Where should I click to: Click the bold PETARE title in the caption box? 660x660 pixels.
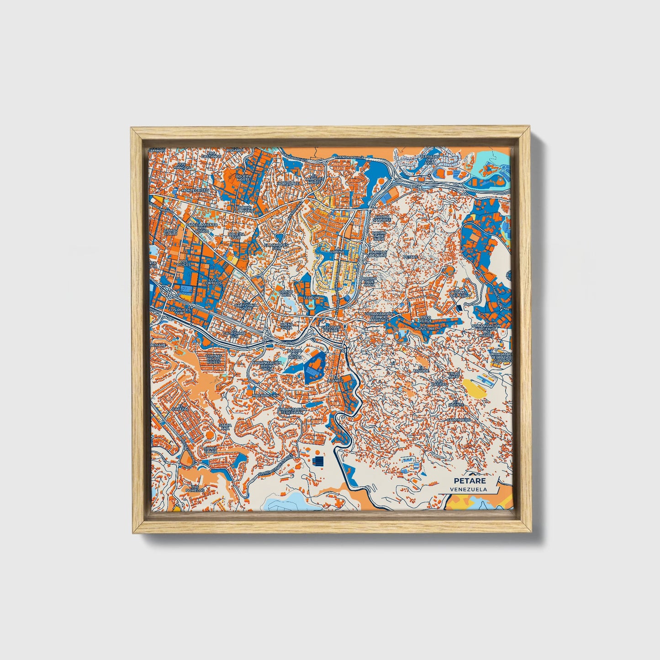(470, 480)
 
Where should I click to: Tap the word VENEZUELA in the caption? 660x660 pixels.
(468, 489)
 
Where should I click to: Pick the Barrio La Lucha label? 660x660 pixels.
(244, 209)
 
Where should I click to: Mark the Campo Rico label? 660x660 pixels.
(286, 293)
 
